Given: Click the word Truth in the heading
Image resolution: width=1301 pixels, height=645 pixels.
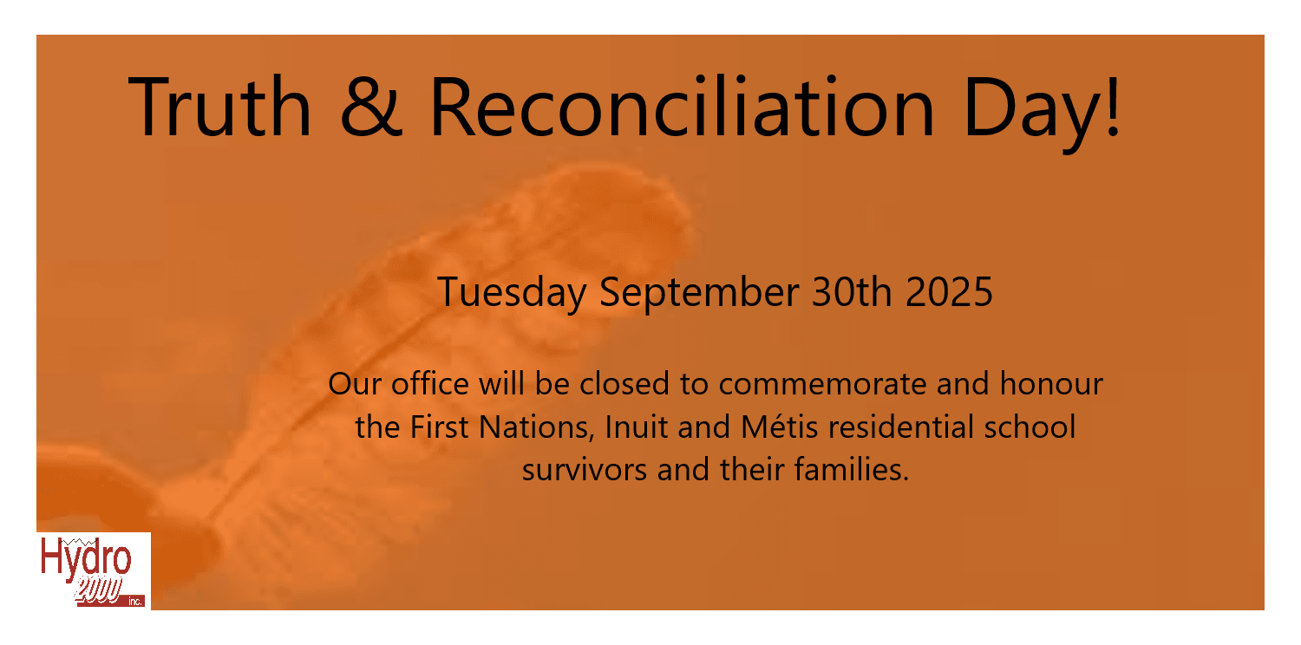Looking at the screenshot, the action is [x=219, y=107].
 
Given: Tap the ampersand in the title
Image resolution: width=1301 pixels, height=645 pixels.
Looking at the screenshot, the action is [x=371, y=107].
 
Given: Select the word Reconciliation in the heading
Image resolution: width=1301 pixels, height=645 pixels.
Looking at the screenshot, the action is [x=682, y=107].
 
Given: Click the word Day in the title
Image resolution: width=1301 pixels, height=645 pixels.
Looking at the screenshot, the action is [x=1028, y=113].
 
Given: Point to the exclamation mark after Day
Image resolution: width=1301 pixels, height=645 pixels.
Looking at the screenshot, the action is [x=1112, y=107].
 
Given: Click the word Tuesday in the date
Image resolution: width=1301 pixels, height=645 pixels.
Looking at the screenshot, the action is [x=512, y=293].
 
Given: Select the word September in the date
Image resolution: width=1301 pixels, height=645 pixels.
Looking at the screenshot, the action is [x=699, y=293].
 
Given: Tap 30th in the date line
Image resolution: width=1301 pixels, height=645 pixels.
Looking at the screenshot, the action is [x=852, y=291].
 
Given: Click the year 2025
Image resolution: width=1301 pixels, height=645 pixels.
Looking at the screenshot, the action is [x=949, y=291].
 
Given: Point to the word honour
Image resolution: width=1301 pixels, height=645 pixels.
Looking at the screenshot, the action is [x=1050, y=383].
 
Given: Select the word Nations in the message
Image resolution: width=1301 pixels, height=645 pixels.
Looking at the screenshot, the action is [x=533, y=427].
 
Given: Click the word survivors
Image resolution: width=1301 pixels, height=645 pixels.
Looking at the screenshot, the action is [x=585, y=470].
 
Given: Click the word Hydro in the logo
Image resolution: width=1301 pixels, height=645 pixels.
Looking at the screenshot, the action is [x=86, y=557].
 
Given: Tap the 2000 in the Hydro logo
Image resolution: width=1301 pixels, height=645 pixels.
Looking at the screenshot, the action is [x=97, y=590].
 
